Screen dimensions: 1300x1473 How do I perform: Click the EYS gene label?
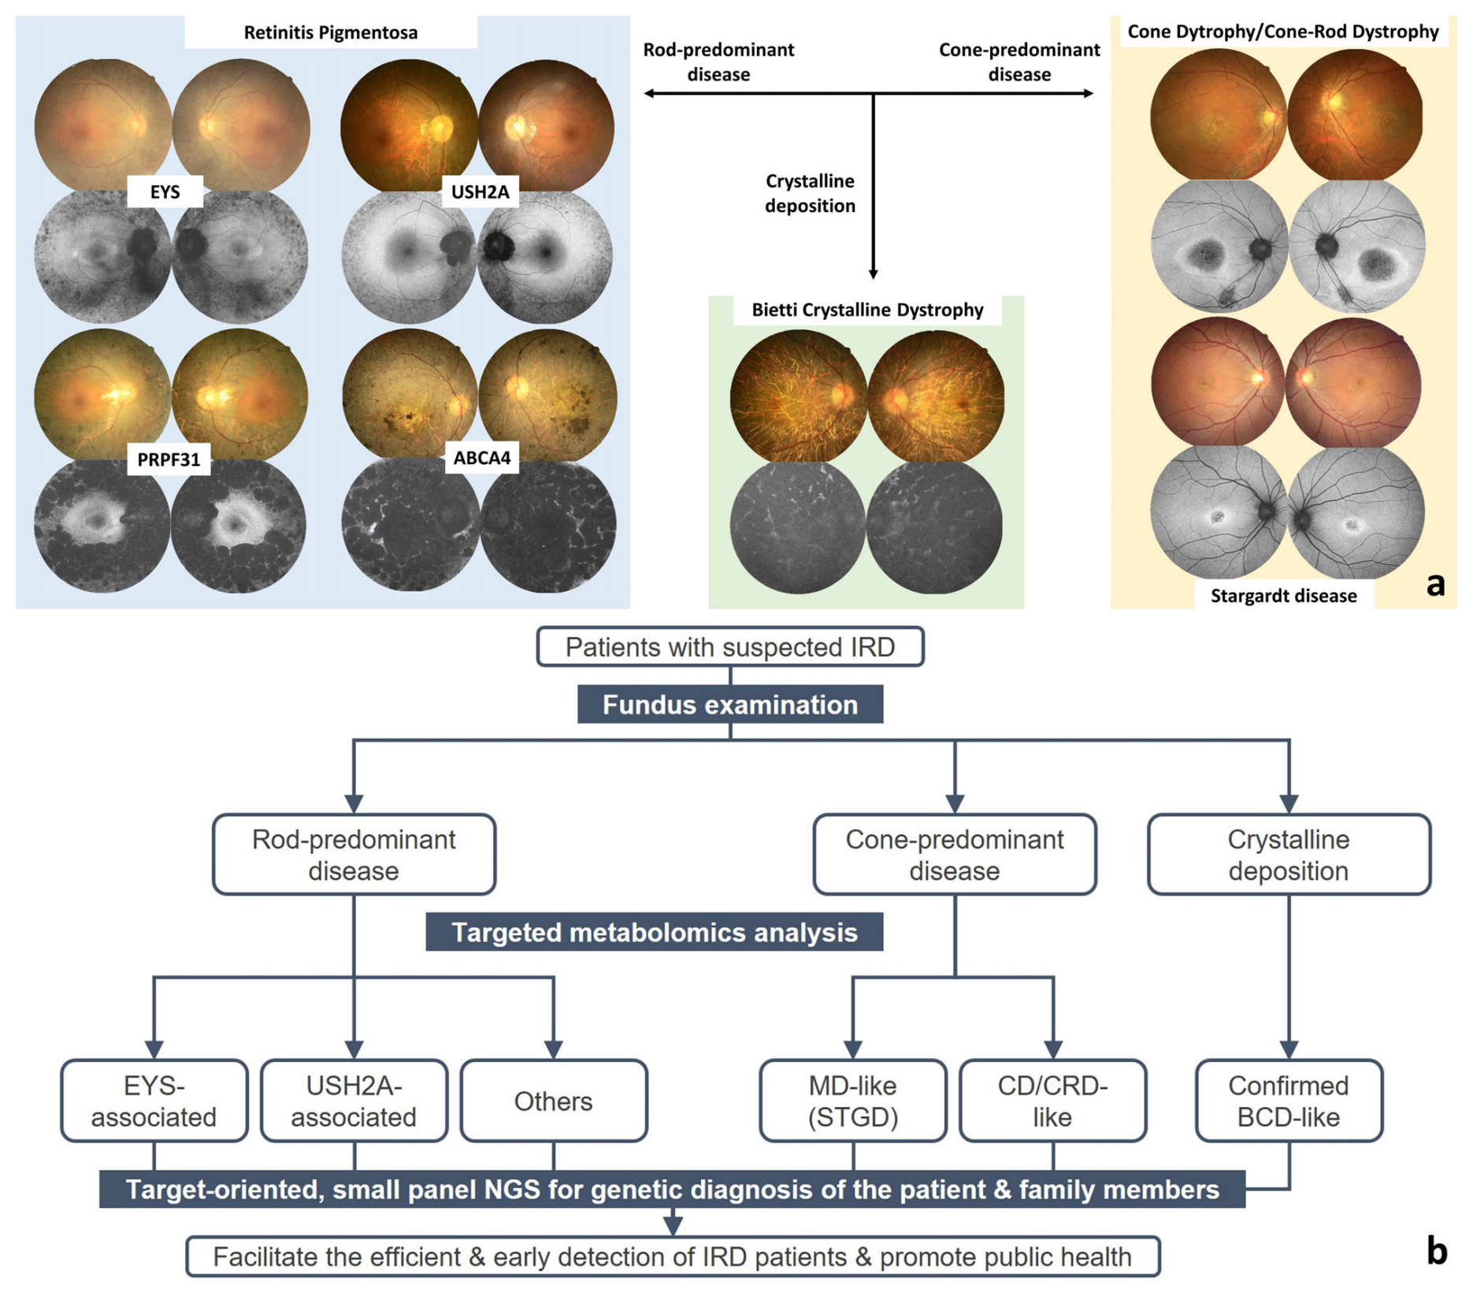click(x=165, y=191)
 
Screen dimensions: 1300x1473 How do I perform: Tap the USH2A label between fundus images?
click(x=480, y=191)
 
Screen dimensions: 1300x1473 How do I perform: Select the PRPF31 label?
click(x=169, y=459)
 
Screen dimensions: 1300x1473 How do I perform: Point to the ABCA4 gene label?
click(x=481, y=458)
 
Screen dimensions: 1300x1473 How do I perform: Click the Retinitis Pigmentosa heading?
click(x=330, y=32)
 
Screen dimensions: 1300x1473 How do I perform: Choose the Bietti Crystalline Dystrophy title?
click(x=866, y=310)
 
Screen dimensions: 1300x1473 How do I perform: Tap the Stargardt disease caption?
click(x=1283, y=596)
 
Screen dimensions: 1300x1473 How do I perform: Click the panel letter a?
click(x=1435, y=584)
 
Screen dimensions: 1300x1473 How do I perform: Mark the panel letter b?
click(x=1436, y=1250)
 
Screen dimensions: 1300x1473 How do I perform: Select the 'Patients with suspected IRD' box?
click(x=729, y=647)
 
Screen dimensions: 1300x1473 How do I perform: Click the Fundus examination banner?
click(x=729, y=704)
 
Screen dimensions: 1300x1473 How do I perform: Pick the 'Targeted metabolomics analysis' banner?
click(x=654, y=932)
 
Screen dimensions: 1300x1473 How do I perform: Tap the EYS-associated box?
click(x=154, y=1101)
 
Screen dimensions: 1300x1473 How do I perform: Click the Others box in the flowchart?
click(x=553, y=1101)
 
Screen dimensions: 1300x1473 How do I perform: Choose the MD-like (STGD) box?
click(x=852, y=1101)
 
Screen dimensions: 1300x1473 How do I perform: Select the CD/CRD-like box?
click(x=1052, y=1101)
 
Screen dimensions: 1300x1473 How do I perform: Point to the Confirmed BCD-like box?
click(x=1288, y=1101)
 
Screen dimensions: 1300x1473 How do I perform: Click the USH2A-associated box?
click(x=354, y=1101)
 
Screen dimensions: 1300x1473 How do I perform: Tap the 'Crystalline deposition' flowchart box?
click(x=1288, y=855)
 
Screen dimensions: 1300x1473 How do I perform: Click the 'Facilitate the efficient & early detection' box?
click(x=672, y=1257)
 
